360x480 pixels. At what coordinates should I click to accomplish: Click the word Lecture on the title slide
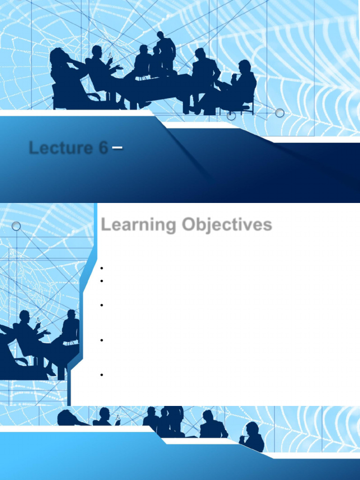coord(61,148)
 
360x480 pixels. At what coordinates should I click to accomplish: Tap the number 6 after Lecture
coord(103,148)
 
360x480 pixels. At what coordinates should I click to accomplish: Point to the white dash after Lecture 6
coord(118,148)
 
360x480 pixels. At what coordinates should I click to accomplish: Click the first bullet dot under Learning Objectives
coord(101,269)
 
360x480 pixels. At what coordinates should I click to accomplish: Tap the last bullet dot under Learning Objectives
coord(101,375)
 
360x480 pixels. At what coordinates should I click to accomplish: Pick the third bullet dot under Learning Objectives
coord(101,305)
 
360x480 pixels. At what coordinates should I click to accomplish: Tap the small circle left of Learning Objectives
coord(16,226)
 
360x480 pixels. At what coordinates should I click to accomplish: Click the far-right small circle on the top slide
coord(280,113)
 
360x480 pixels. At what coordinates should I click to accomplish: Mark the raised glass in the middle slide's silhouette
coord(38,321)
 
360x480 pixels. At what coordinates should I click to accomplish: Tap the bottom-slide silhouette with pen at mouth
coord(253,436)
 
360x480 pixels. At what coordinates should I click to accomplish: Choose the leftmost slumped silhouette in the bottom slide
coord(70,417)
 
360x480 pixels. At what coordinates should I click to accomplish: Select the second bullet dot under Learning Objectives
coord(101,281)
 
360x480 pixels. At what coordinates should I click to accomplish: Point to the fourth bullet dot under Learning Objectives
coord(101,340)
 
